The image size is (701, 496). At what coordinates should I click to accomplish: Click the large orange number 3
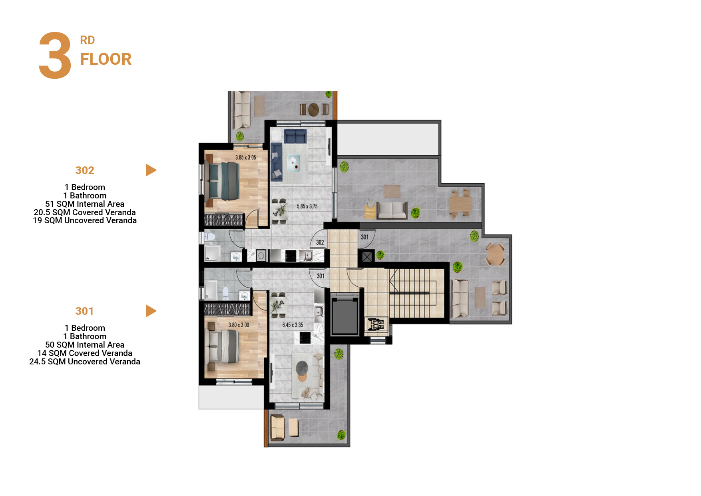tap(55, 56)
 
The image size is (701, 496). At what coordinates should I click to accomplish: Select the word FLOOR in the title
tap(106, 59)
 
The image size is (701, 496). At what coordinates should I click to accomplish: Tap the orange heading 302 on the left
tap(85, 170)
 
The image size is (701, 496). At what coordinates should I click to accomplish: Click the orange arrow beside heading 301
tap(151, 311)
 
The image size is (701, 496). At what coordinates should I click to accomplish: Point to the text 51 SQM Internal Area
tap(85, 204)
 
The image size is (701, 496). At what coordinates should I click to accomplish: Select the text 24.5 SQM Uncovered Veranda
tap(85, 362)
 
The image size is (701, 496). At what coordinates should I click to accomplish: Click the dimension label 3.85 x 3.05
tap(245, 158)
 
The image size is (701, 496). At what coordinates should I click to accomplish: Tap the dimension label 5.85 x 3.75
tap(307, 206)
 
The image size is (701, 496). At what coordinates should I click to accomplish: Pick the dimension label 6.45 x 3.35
tap(293, 325)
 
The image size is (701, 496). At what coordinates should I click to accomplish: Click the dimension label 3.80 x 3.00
tap(239, 325)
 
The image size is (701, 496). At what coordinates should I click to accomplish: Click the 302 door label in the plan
tap(320, 242)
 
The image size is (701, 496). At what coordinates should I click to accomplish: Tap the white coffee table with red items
tap(294, 162)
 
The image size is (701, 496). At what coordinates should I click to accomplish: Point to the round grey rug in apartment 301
tap(302, 367)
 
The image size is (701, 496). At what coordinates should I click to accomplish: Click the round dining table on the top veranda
tap(314, 109)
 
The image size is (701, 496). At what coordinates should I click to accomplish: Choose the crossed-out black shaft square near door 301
tap(367, 256)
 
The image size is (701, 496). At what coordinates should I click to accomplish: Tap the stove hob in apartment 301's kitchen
tap(305, 338)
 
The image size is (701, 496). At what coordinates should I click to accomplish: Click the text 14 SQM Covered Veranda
tap(85, 353)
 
